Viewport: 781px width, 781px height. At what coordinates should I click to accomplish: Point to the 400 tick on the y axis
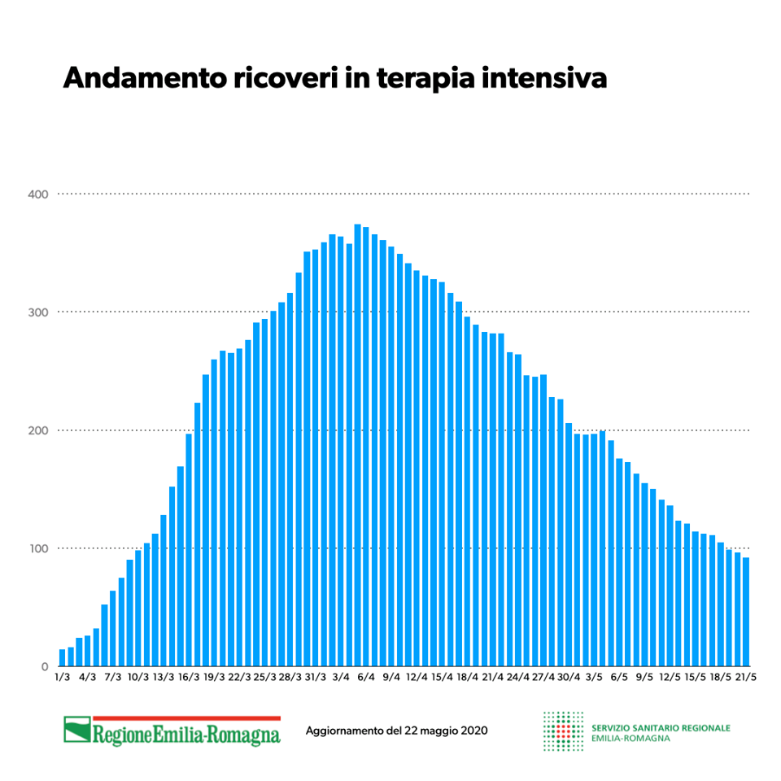(40, 194)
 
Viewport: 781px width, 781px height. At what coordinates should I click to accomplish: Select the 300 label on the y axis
(40, 312)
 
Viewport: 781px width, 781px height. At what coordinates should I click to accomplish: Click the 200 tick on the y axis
(40, 430)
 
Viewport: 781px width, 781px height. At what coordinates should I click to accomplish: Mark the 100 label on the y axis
(40, 548)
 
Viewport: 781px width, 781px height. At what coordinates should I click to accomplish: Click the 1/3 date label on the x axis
(62, 677)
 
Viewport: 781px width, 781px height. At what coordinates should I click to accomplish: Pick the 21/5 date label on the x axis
(745, 677)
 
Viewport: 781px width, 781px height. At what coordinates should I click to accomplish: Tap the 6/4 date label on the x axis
(366, 677)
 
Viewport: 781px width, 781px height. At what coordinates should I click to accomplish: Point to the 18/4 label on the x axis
(467, 677)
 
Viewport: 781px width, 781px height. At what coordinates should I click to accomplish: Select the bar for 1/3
(63, 657)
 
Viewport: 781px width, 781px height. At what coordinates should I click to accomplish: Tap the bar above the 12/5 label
(670, 586)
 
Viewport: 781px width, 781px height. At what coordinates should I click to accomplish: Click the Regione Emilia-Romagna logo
(172, 731)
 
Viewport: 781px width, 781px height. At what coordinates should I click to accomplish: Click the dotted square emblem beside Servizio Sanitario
(563, 731)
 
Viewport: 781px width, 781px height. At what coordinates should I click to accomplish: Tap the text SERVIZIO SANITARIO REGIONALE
(661, 727)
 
